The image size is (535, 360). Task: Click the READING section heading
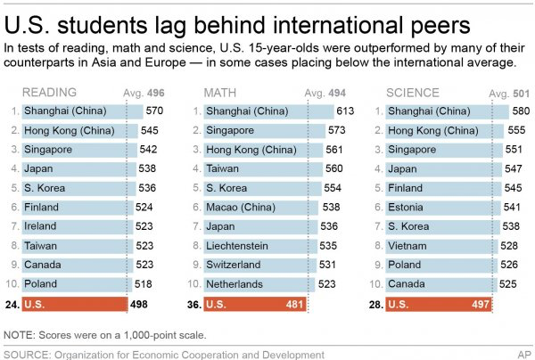tap(48, 93)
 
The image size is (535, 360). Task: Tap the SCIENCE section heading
tap(412, 93)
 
